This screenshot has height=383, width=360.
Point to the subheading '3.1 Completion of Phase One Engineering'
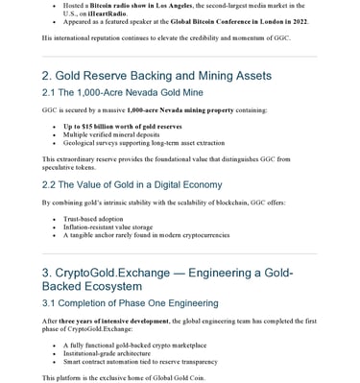136,303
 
